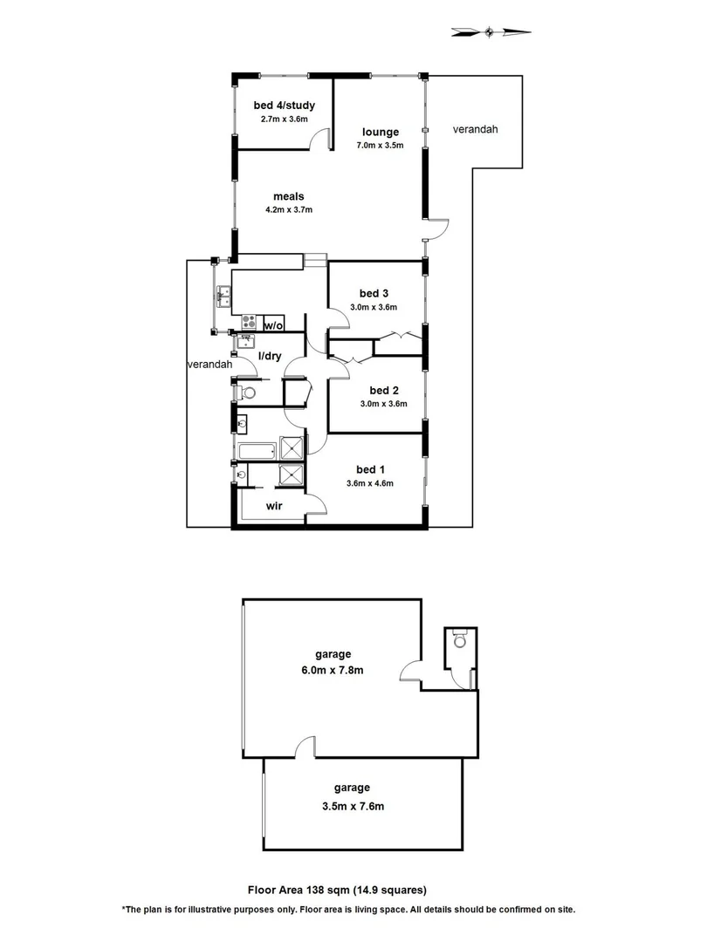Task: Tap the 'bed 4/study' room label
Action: coord(284,106)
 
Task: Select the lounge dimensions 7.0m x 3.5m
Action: coord(381,146)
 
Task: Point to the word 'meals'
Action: coord(288,196)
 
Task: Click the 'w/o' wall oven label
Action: coord(273,325)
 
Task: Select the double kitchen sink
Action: coord(223,297)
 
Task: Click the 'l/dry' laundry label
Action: coord(269,355)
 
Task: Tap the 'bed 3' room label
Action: coord(373,293)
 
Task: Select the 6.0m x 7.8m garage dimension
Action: coord(334,671)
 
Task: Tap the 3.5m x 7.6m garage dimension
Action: coord(353,808)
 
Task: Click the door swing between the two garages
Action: coord(303,747)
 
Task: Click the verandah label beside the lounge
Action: coord(476,130)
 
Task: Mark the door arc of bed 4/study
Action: coord(326,139)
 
